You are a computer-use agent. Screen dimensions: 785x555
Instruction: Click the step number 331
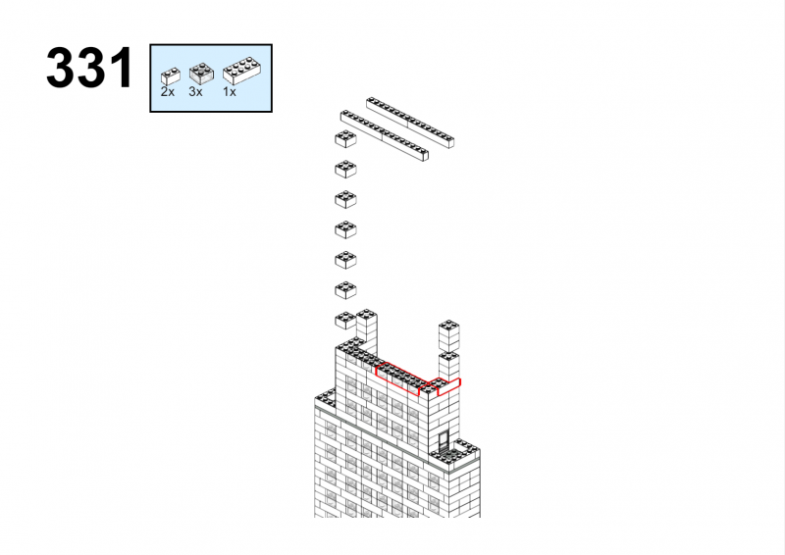tap(90, 68)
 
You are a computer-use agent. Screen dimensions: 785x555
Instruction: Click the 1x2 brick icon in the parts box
tap(170, 76)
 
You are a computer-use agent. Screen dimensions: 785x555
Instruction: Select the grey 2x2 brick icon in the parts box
tap(201, 74)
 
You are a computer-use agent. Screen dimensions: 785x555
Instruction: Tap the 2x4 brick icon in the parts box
tap(241, 71)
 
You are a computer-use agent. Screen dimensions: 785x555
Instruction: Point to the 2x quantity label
tap(168, 92)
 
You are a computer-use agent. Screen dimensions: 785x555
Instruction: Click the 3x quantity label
tap(195, 92)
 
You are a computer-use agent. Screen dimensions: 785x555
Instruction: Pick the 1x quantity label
tap(230, 92)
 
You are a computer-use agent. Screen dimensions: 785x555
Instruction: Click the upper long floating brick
tap(410, 123)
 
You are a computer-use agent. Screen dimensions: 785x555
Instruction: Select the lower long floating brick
tap(385, 135)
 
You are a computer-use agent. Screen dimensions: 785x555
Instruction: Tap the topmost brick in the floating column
tap(345, 139)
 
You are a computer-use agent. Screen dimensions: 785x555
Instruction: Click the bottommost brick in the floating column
tap(345, 321)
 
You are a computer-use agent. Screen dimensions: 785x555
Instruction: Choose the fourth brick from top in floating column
tap(345, 229)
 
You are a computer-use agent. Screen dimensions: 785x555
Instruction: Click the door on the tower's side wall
tap(444, 441)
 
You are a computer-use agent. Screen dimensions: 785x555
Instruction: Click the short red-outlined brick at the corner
tap(443, 385)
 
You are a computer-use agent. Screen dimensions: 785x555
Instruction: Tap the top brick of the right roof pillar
tap(449, 335)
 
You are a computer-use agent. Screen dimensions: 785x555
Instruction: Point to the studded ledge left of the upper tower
tap(325, 398)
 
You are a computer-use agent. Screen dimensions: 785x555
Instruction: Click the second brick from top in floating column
tap(345, 170)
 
